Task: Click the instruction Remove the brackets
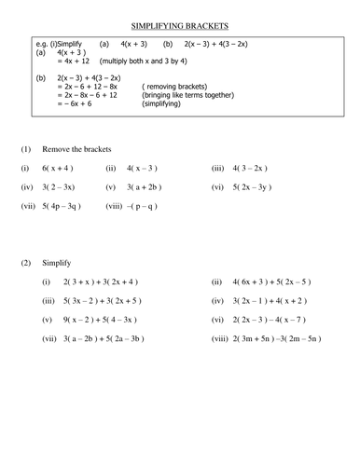coord(76,149)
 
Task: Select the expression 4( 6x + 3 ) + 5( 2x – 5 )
coord(284,281)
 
